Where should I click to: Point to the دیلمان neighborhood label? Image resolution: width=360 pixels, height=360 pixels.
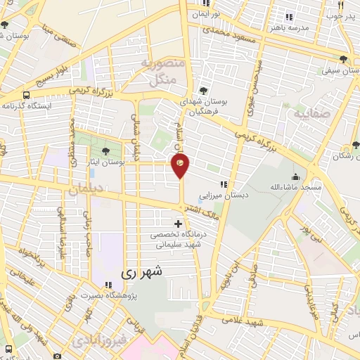(x=86, y=189)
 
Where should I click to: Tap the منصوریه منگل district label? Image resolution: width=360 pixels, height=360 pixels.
(x=163, y=72)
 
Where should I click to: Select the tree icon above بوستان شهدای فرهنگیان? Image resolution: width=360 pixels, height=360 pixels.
(x=203, y=91)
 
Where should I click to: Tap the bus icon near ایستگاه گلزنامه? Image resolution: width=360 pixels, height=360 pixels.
(x=26, y=95)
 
